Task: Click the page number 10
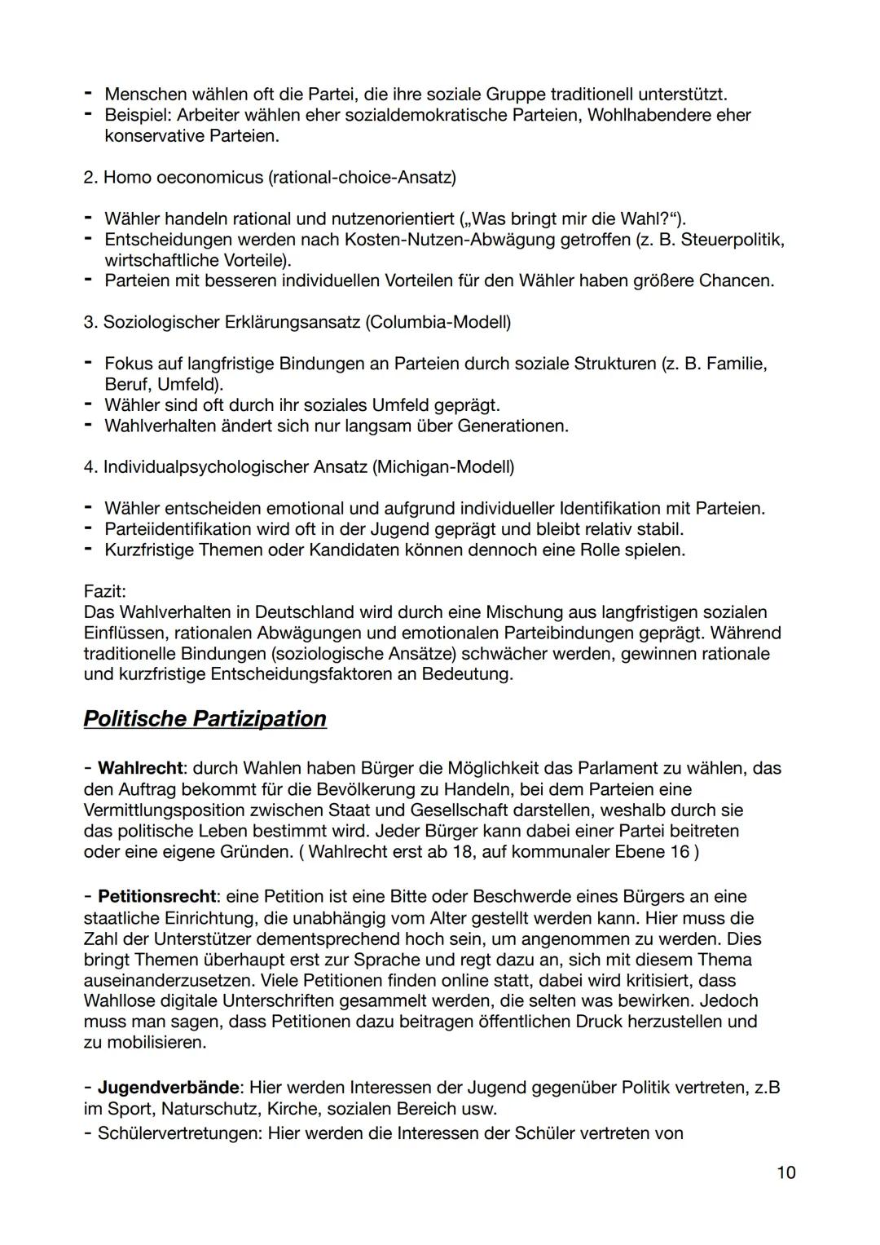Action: pyautogui.click(x=785, y=1172)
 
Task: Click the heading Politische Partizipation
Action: pyautogui.click(x=205, y=718)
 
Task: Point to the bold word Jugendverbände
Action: pyautogui.click(x=169, y=1088)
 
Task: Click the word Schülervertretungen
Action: pyautogui.click(x=178, y=1133)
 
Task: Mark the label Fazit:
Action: pyautogui.click(x=104, y=590)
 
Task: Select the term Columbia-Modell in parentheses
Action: pyautogui.click(x=438, y=322)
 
